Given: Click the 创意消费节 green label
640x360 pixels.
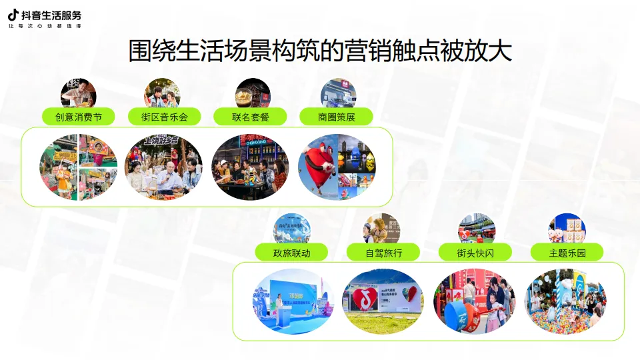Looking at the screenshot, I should pos(78,117).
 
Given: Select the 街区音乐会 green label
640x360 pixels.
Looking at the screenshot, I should pos(164,117).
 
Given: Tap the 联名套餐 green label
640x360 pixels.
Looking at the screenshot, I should pos(250,117).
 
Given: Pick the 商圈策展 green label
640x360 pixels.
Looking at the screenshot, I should pos(336,117).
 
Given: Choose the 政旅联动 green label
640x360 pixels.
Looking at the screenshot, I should pos(291,252).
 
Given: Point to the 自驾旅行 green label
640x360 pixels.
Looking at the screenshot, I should pos(383,252).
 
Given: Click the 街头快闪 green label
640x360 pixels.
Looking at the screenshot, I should pos(475,252).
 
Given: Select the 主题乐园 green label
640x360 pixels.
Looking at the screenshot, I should pos(567,252).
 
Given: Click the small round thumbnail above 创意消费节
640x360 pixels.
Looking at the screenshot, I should pos(79,93).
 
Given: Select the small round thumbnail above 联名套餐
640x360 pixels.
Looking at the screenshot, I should pos(253,93).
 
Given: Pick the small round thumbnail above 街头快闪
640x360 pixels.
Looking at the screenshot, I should pos(477,229).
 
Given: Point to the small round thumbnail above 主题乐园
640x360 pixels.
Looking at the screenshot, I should pos(567,229).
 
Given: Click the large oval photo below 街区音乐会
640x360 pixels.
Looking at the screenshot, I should pos(163,167).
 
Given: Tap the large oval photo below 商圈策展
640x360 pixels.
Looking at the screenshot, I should pos(337,167).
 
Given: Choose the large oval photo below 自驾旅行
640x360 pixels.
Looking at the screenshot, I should pos(383,301).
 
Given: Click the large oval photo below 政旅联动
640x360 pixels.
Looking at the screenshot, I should pos(292,301).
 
